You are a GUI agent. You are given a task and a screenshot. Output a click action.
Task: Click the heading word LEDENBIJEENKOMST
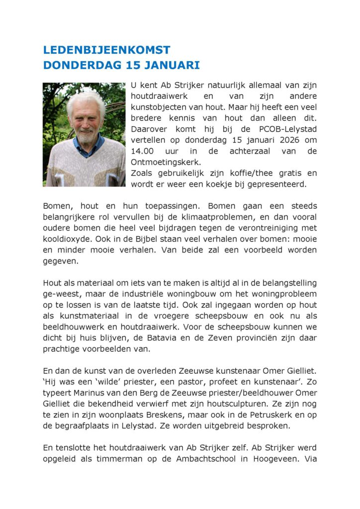click(106, 50)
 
